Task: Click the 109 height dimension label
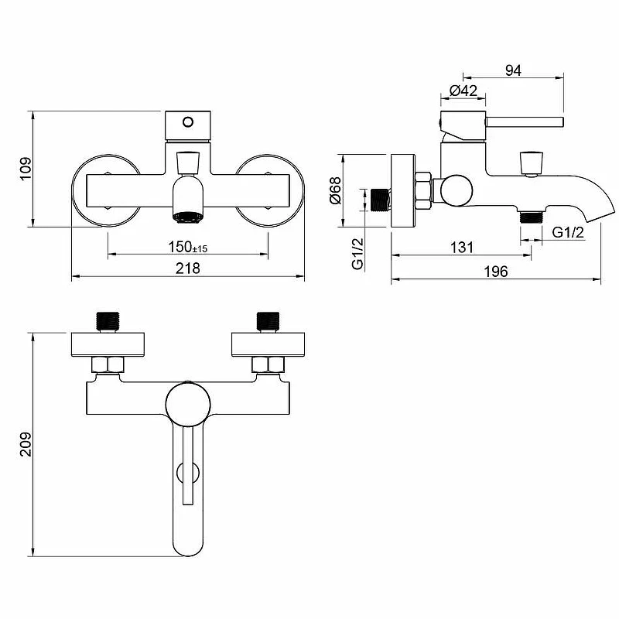pos(26,169)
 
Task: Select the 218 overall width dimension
pos(188,268)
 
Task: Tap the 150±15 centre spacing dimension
pos(187,247)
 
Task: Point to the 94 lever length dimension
pos(513,70)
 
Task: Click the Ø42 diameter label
pos(463,91)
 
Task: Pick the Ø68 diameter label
pos(335,190)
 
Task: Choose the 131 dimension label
pos(461,248)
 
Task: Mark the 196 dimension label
pos(496,272)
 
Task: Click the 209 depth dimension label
pos(26,444)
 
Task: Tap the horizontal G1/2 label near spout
pos(568,232)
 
